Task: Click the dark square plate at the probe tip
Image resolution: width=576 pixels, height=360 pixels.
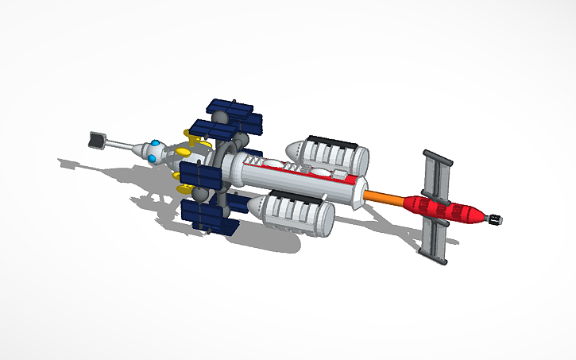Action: (x=97, y=140)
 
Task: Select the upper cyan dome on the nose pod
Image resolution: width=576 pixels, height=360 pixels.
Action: (x=157, y=145)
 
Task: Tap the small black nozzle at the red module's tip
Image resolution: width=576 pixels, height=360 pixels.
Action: (x=494, y=219)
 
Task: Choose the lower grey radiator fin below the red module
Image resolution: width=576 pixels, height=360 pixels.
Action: (x=434, y=242)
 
